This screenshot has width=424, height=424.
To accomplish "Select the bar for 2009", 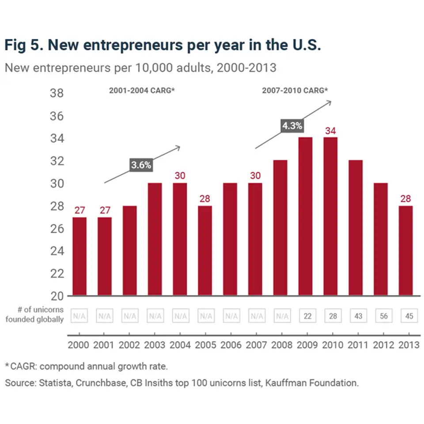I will coord(306,216).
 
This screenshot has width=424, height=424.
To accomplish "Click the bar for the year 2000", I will coord(79,256).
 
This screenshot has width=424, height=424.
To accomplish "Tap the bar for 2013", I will coord(406,250).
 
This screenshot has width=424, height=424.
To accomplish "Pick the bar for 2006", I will coord(230,239).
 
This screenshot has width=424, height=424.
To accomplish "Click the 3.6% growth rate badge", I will coord(141,165).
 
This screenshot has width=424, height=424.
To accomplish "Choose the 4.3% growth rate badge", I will coord(292,125).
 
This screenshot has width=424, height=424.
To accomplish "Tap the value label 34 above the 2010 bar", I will coord(331,131).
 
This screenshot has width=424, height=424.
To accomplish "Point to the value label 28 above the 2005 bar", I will coord(205,198).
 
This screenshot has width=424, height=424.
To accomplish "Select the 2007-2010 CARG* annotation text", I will coord(295,91).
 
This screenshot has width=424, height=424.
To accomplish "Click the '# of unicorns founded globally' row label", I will coord(34,314).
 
